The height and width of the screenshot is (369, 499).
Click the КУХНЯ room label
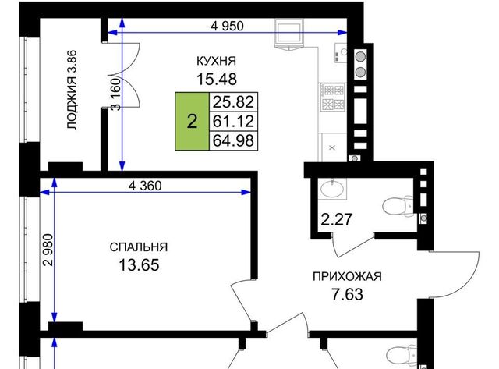coord(217,61)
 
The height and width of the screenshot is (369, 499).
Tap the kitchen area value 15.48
coord(217,79)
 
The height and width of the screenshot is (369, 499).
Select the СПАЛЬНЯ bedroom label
coord(139,247)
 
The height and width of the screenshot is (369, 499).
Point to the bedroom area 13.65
coord(139,265)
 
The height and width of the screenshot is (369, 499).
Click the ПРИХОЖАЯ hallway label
coord(347,276)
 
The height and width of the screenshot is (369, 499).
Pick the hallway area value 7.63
coord(347,294)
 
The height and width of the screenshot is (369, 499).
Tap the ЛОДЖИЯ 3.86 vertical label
coord(72,90)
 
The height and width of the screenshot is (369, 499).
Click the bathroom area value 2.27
coord(336,219)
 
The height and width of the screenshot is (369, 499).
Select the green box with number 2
coord(193,121)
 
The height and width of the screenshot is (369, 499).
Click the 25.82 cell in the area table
coord(233,102)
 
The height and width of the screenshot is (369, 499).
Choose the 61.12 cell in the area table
coord(233,121)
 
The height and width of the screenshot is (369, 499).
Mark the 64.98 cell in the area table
coord(233,140)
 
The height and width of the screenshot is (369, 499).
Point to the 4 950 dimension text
coord(227,26)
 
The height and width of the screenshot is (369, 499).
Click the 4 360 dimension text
coord(145,186)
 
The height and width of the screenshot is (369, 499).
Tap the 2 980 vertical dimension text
coord(48,250)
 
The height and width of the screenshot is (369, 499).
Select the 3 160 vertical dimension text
coord(116,94)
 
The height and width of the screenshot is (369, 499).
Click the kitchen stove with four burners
coord(333,97)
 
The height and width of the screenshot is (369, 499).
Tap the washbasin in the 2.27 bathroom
coord(332,189)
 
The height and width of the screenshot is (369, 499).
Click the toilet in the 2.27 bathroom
coord(398,206)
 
